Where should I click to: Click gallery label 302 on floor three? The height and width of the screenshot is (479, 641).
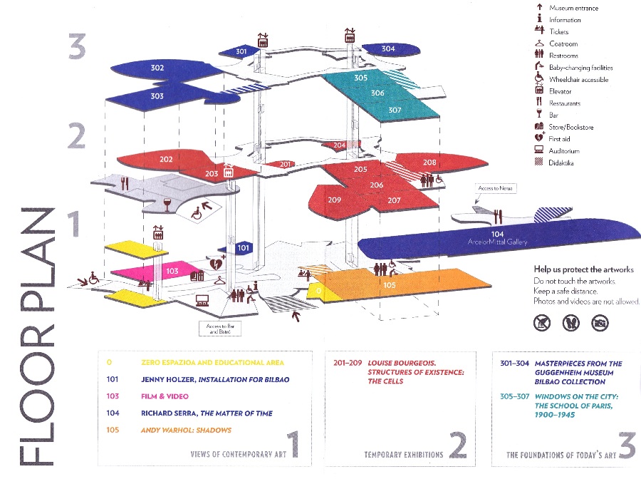click(x=157, y=68)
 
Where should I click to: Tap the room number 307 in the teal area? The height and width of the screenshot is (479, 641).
click(x=395, y=110)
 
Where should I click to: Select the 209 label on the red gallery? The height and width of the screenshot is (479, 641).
click(x=335, y=200)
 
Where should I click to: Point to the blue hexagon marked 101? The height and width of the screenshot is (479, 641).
click(x=244, y=248)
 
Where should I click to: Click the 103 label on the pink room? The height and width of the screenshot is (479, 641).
click(x=172, y=272)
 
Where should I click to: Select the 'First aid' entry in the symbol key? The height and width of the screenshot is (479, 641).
click(x=559, y=139)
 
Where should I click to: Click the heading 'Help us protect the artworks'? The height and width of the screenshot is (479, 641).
click(x=583, y=269)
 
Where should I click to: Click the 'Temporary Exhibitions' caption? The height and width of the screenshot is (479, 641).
click(x=403, y=454)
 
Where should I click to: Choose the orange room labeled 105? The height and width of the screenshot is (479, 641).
click(x=389, y=285)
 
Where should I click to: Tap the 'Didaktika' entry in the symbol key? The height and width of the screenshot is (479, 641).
click(x=561, y=163)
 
